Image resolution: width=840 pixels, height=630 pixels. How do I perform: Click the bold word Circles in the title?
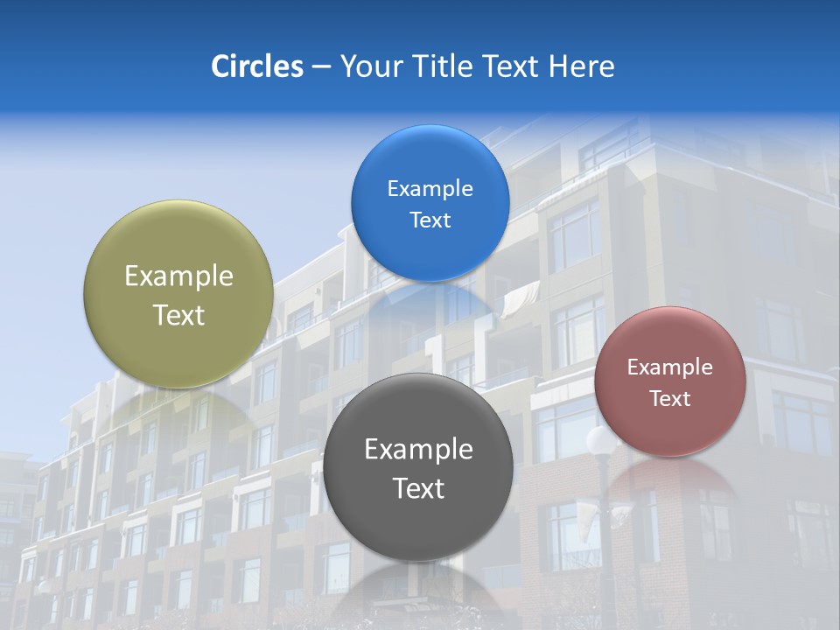coord(256,66)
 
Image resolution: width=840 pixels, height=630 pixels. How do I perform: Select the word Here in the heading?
coord(583,66)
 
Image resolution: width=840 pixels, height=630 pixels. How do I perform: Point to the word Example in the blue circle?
coord(430,189)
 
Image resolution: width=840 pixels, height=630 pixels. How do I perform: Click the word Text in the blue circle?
coord(430,220)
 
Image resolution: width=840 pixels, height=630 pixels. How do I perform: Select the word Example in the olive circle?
coord(178,276)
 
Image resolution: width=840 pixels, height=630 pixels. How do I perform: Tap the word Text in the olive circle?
coord(178,315)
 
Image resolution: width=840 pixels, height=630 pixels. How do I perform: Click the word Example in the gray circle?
coord(418,450)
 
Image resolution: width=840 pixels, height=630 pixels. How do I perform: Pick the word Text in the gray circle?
coord(418,488)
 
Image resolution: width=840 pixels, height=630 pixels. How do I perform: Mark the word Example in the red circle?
coord(670,367)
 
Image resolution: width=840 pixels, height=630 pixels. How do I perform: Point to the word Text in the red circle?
coord(670,399)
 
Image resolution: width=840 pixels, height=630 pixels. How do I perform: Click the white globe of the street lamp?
coord(600,439)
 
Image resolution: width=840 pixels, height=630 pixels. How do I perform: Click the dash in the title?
coord(321,66)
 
